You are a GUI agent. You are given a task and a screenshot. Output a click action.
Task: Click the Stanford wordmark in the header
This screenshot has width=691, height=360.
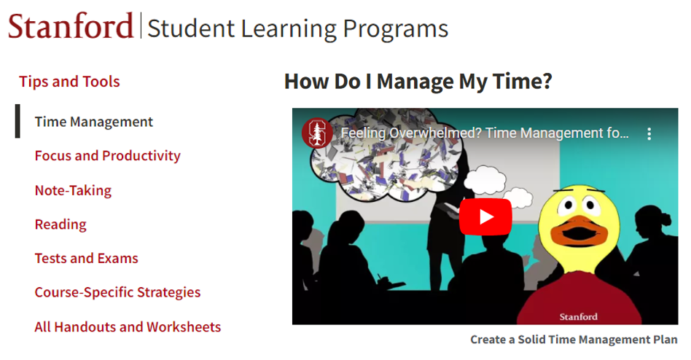coord(71,26)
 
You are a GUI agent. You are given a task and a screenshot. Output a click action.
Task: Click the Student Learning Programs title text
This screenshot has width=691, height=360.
coord(297,29)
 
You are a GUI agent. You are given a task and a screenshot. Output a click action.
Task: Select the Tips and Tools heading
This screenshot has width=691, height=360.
coord(69,82)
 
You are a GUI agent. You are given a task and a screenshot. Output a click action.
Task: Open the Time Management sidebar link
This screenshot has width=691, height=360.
coord(94,122)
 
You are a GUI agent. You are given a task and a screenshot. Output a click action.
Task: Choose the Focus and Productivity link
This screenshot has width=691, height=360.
coord(108,155)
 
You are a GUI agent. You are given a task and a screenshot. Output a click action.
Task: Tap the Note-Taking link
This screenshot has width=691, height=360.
coord(73,190)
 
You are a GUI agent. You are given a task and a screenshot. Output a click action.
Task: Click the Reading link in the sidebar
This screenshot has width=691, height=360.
coord(60,224)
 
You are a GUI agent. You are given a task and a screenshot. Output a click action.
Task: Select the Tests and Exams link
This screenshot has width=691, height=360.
coord(86,258)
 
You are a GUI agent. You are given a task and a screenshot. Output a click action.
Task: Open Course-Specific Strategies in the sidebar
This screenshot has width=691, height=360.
coord(117,292)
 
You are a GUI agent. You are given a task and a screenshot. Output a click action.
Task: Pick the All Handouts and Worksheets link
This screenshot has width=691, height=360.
coord(128,326)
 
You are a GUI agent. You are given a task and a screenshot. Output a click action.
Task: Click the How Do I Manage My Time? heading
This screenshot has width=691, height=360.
coord(418,82)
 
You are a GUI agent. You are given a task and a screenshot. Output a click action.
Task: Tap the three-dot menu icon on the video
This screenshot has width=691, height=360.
coord(649,134)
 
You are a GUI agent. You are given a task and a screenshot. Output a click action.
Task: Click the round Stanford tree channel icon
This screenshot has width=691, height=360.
coord(317,133)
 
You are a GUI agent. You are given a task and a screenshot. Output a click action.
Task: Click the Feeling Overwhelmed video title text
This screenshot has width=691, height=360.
coord(485,133)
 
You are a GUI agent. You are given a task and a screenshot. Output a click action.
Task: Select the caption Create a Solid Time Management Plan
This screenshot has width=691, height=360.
coord(574,340)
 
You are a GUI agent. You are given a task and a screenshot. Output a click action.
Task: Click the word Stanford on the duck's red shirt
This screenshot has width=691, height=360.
coord(578,316)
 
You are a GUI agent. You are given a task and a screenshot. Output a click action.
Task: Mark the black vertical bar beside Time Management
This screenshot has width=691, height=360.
coord(17,121)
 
